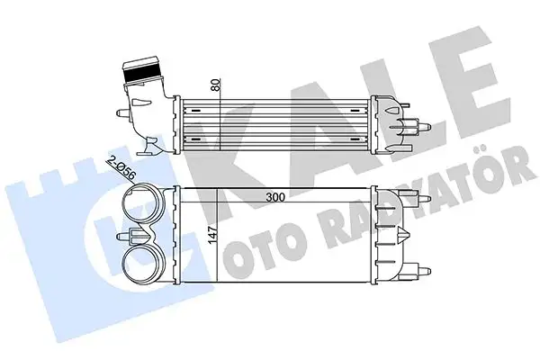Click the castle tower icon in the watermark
[54, 216]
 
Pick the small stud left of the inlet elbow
[119, 113]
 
